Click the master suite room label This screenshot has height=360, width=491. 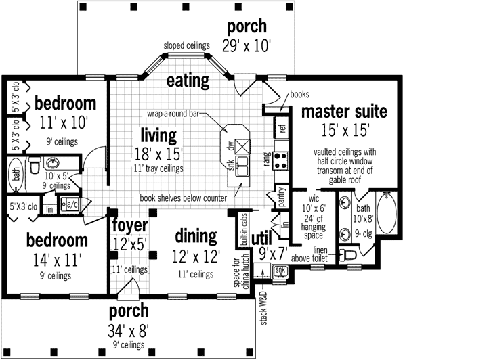click(344, 112)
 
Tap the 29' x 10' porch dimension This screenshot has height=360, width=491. click(247, 46)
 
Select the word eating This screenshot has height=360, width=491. click(188, 81)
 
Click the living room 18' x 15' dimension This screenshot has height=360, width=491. click(158, 154)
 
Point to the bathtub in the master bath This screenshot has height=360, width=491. click(387, 212)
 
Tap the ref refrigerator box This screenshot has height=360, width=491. click(281, 127)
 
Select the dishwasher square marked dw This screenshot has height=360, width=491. click(242, 146)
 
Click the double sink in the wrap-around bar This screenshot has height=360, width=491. click(242, 166)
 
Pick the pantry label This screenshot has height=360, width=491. click(282, 197)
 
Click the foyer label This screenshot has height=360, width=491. click(130, 225)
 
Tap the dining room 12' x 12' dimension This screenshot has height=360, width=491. click(196, 256)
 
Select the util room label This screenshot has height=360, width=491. click(261, 239)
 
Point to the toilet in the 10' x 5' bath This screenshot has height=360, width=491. click(35, 164)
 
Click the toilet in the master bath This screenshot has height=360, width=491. click(347, 255)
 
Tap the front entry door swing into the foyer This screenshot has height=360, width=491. click(129, 287)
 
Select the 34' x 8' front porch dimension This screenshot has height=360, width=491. click(128, 331)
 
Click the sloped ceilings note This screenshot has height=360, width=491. click(187, 45)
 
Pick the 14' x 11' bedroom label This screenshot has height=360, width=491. click(57, 260)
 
